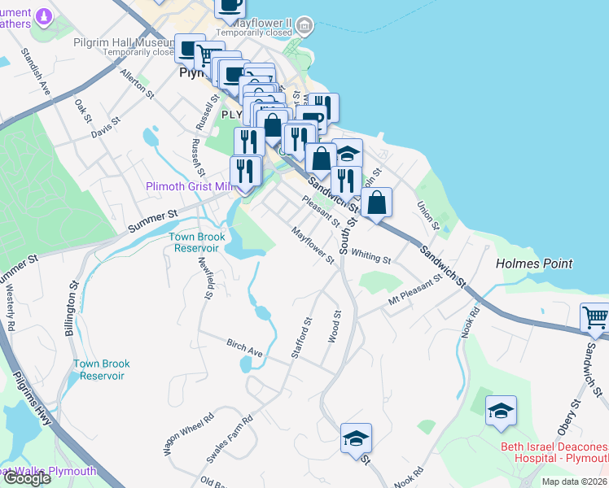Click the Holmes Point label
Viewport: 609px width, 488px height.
tap(534, 264)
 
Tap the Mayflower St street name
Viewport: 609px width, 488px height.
tap(313, 246)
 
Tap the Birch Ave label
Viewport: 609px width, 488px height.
tap(244, 350)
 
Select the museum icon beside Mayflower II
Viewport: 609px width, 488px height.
tap(305, 27)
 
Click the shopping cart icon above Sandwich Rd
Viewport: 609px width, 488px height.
tap(595, 318)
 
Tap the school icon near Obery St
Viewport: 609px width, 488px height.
tap(501, 411)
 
